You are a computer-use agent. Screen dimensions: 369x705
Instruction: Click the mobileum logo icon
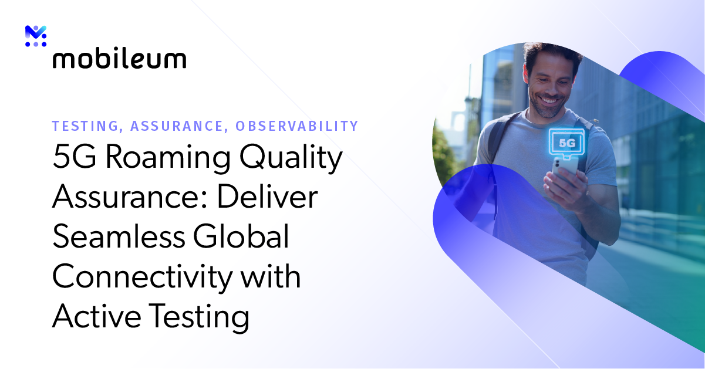click(x=36, y=36)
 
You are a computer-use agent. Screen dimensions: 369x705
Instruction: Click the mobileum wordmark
click(x=119, y=59)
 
